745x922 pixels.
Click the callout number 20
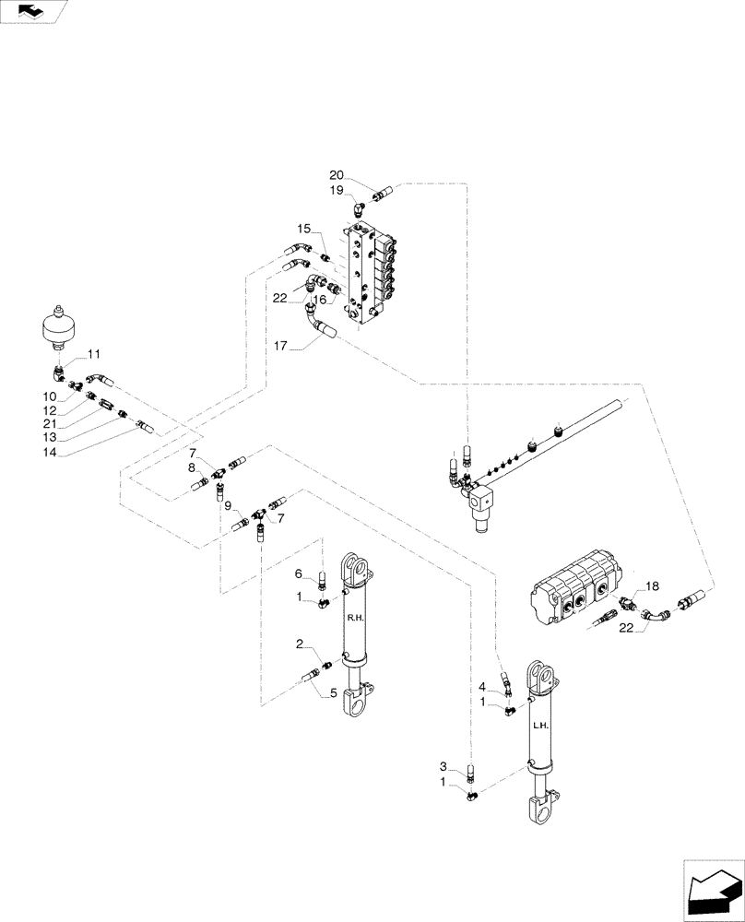tap(337, 175)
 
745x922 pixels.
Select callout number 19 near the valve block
tap(337, 190)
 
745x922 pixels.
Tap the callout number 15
tap(303, 228)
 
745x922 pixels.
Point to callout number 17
tap(280, 346)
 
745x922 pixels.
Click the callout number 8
tap(192, 467)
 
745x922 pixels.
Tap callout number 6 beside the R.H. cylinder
tap(298, 573)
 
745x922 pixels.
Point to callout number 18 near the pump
tap(651, 586)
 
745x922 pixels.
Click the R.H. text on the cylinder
tap(353, 620)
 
